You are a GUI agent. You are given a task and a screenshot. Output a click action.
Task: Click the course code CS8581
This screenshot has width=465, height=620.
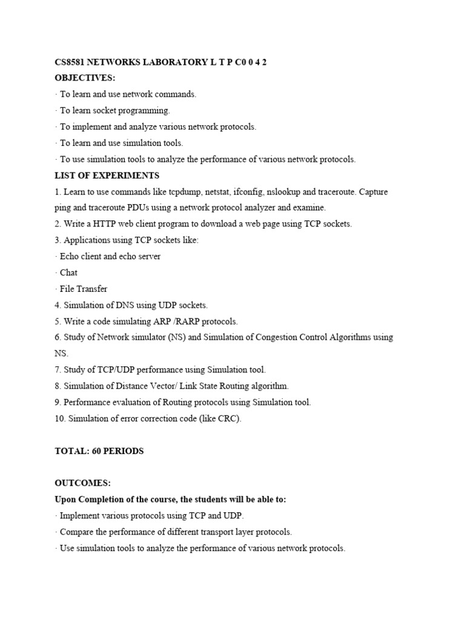(70, 62)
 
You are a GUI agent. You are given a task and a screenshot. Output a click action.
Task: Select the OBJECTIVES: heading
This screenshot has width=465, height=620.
(85, 78)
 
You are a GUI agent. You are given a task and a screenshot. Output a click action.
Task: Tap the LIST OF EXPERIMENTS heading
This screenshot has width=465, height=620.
(107, 176)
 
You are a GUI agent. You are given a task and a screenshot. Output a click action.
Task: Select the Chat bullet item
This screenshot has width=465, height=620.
(68, 272)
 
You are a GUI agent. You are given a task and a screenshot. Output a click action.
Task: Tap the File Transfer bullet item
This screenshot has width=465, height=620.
(83, 289)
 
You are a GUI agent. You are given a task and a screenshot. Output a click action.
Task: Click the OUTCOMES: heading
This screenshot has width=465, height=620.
(83, 483)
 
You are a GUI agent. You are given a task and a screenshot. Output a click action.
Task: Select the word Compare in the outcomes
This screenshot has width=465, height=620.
(77, 532)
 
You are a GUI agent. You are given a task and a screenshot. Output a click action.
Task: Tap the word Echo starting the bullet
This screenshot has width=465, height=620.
(70, 256)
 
